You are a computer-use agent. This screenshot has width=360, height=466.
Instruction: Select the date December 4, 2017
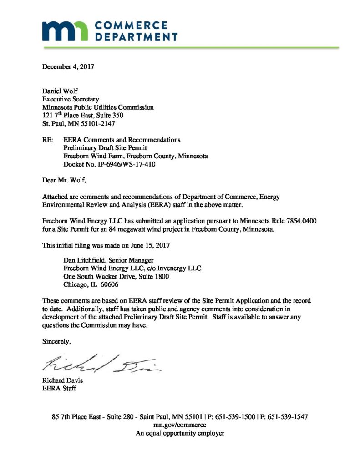pyautogui.click(x=68, y=66)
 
